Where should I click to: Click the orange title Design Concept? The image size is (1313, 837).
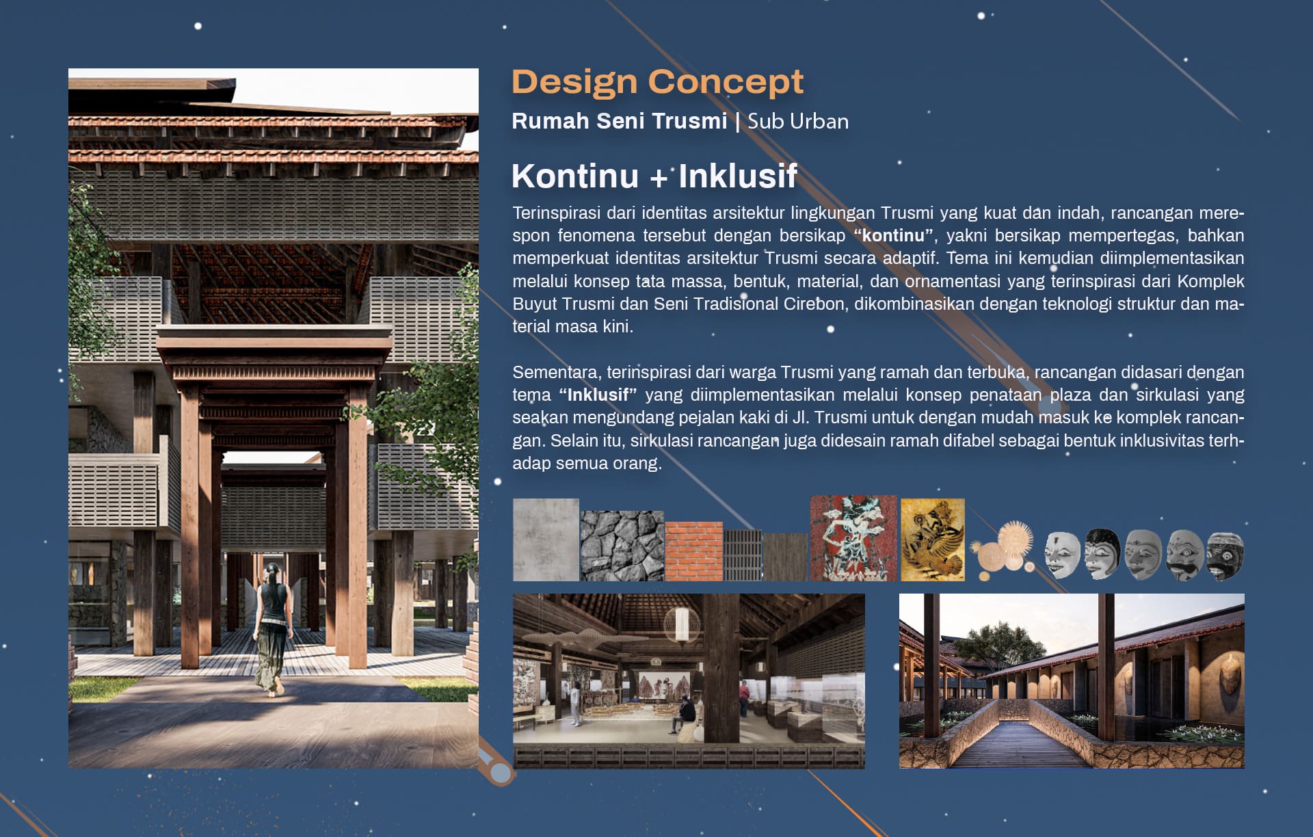click(657, 83)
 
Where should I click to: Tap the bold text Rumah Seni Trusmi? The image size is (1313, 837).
click(619, 121)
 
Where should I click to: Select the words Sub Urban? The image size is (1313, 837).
click(798, 121)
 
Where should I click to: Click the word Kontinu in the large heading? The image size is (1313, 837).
click(575, 176)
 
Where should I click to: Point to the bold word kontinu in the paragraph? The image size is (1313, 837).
click(893, 236)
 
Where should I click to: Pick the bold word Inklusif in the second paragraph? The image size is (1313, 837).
click(598, 395)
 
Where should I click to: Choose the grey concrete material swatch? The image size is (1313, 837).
click(546, 540)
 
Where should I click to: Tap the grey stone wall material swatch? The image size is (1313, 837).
click(622, 546)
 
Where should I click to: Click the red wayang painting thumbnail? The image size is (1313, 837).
click(853, 538)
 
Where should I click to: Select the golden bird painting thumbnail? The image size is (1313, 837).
click(933, 540)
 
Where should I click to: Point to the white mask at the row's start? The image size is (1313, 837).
click(1063, 555)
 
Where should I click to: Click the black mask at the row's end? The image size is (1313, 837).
click(1225, 556)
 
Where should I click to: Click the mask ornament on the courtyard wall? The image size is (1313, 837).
click(1229, 674)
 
